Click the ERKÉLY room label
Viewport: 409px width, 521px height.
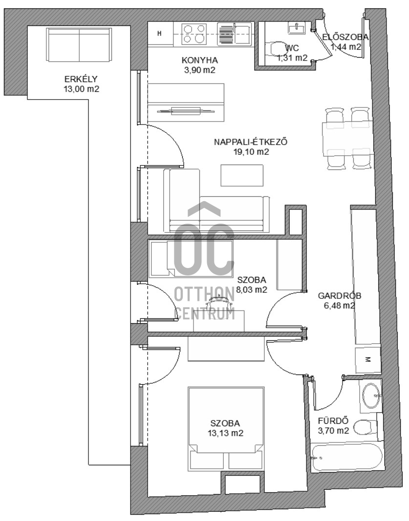(x=81, y=79)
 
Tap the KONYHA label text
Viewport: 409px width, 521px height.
(x=199, y=60)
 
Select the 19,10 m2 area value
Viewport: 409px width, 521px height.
(x=251, y=152)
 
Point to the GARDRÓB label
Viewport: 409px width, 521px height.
(x=340, y=295)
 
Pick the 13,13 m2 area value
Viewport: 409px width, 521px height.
(x=225, y=433)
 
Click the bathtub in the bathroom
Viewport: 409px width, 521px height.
(x=347, y=458)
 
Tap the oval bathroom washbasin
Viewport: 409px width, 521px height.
(x=370, y=396)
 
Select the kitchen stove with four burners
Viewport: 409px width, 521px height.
(x=194, y=34)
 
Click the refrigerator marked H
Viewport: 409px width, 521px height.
(x=160, y=33)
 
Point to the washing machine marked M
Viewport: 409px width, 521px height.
(x=368, y=359)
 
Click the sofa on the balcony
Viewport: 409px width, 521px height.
(x=79, y=45)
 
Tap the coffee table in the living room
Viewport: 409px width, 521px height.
(x=242, y=175)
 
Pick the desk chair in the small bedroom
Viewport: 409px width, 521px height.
(x=218, y=304)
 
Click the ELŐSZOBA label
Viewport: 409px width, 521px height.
(x=345, y=37)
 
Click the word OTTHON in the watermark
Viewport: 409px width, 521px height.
(x=204, y=294)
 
